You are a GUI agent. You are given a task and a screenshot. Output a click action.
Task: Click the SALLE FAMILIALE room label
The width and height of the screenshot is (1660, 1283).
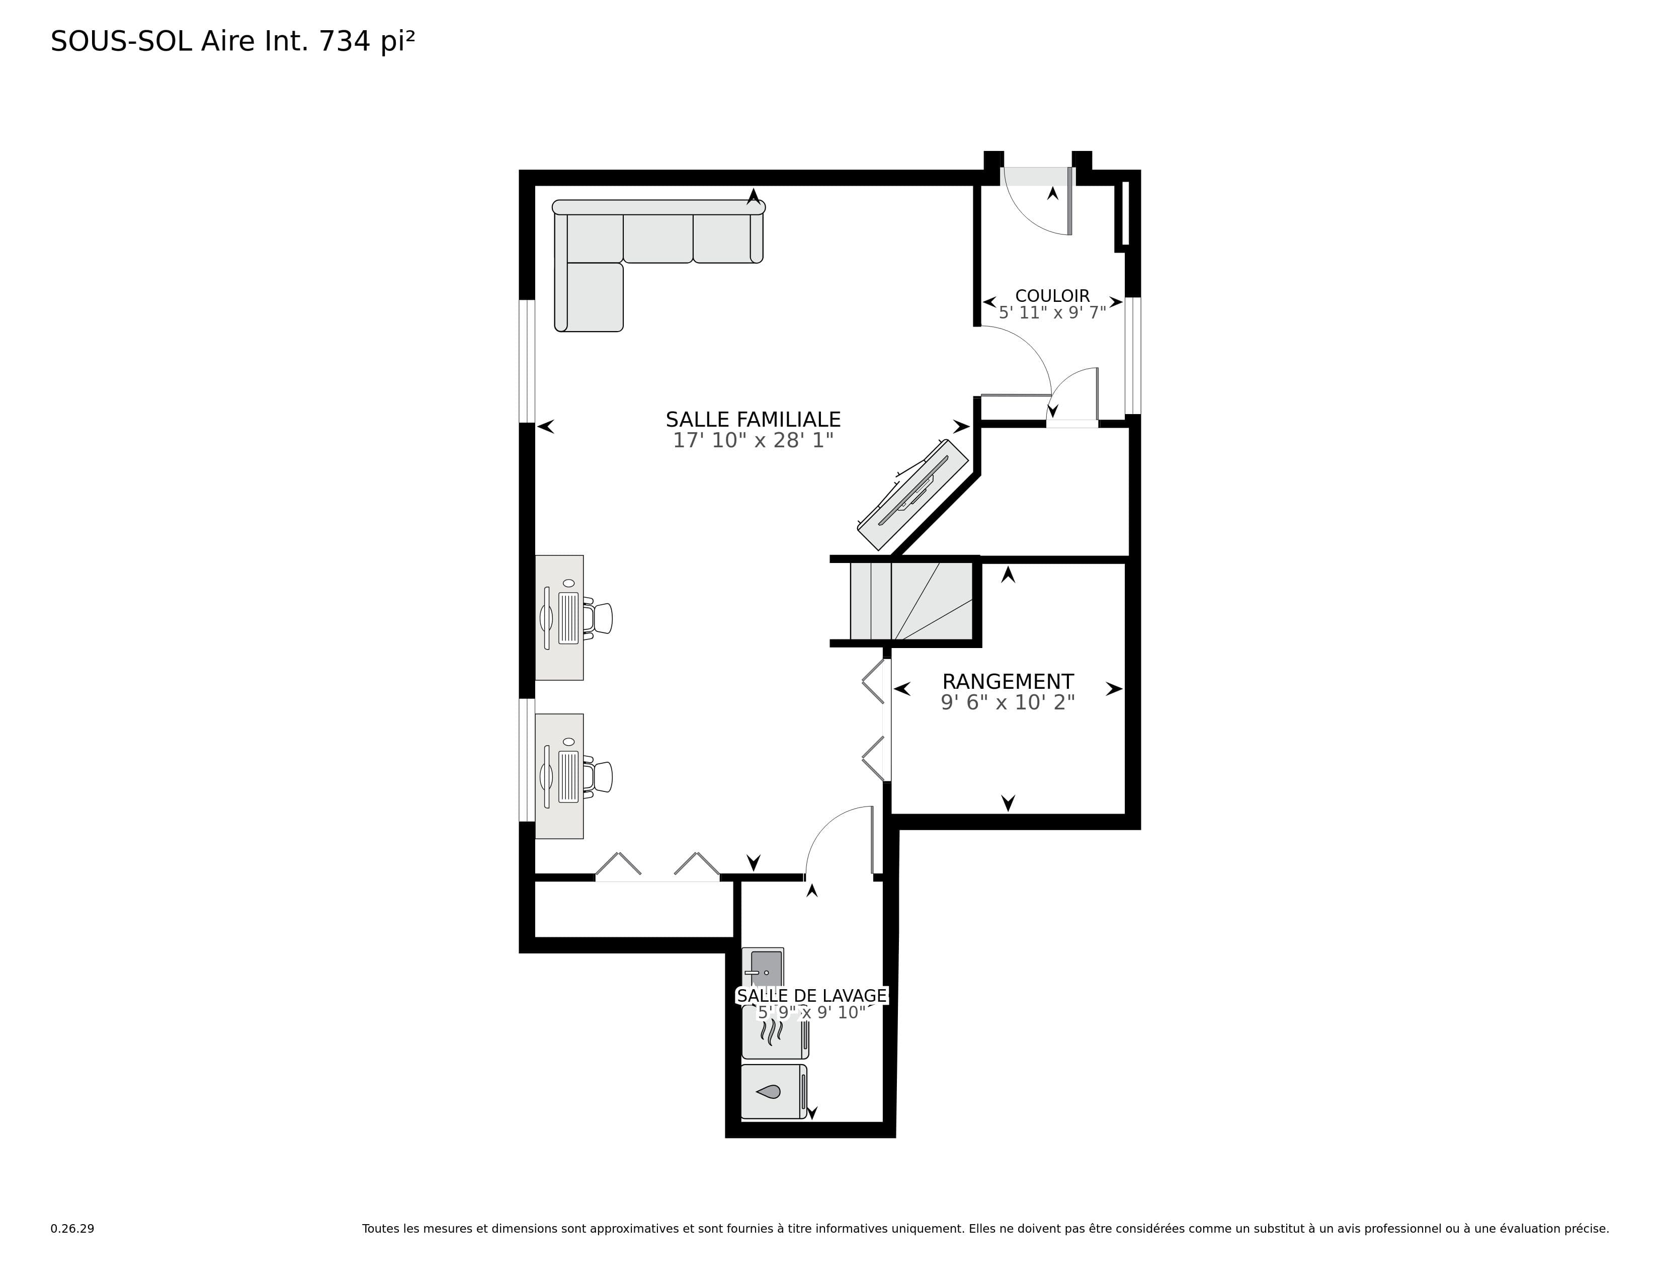click(x=753, y=420)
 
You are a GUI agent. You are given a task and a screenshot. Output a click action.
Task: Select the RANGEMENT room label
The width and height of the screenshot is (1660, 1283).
click(x=1008, y=681)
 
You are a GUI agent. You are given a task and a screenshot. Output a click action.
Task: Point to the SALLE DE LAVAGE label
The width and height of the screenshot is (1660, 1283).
click(x=812, y=996)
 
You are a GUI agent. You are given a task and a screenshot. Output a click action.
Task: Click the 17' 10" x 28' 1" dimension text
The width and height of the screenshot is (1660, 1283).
click(x=753, y=440)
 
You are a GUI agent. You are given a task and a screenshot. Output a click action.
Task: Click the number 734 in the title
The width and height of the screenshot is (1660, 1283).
click(x=344, y=42)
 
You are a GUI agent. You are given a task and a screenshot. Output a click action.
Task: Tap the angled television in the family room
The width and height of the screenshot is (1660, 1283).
click(x=912, y=495)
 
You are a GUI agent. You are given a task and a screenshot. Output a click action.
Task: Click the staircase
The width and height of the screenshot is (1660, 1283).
click(x=911, y=600)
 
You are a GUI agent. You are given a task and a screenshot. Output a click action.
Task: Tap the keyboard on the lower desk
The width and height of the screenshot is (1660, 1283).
click(x=568, y=777)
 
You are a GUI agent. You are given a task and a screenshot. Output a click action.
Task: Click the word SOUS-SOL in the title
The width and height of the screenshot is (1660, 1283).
click(x=121, y=42)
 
